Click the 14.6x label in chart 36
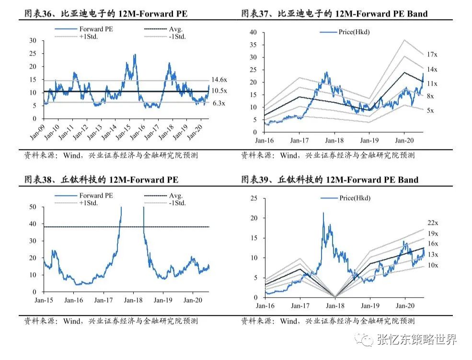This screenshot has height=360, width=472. click(x=219, y=80)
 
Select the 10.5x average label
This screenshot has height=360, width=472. click(x=219, y=91)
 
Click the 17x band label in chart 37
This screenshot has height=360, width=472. click(x=431, y=55)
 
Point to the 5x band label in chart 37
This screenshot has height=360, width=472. click(x=430, y=111)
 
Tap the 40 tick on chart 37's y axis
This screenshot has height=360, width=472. click(x=253, y=32)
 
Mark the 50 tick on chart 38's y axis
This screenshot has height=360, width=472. click(x=33, y=207)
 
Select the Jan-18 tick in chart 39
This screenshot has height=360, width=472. click(x=334, y=305)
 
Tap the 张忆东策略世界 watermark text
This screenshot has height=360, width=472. click(x=416, y=339)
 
